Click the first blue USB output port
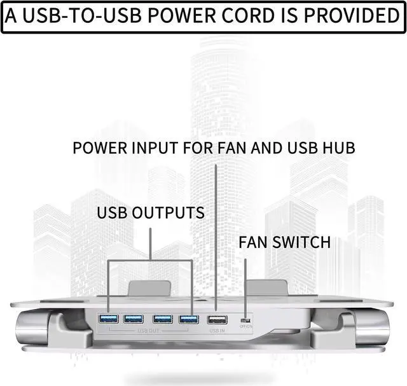tap(107, 318)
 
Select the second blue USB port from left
tap(134, 318)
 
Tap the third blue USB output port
tap(162, 318)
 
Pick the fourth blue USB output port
tap(188, 318)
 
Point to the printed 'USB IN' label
tap(217, 331)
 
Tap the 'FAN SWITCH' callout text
tap(284, 242)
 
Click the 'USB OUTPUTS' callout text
tap(151, 212)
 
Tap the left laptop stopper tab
tap(149, 288)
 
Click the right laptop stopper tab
tap(266, 288)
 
